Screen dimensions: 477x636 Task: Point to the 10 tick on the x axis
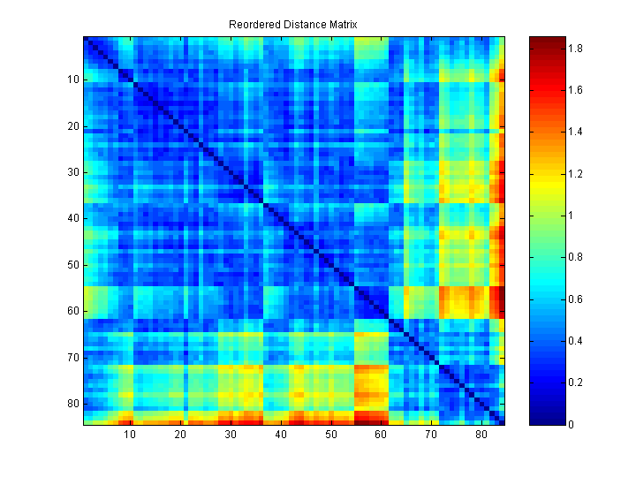tap(129, 435)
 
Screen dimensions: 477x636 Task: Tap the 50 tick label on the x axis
tap(331, 435)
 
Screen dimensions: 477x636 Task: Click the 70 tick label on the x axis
tap(432, 435)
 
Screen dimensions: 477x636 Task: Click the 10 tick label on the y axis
tap(72, 79)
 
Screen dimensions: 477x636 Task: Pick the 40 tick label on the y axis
tap(72, 218)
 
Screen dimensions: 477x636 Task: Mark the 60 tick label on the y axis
tap(72, 311)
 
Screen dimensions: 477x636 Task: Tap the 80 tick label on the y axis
tap(72, 404)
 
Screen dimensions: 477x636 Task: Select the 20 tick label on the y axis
tap(72, 126)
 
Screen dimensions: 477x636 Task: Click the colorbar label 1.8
tap(575, 49)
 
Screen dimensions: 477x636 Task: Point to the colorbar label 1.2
tap(575, 174)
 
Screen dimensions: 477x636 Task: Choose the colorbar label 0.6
tap(575, 299)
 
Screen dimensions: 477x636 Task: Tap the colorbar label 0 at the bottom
tap(571, 425)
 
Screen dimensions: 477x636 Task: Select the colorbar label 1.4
tap(575, 132)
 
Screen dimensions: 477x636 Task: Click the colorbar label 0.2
tap(575, 382)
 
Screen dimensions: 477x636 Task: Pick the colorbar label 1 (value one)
tap(571, 216)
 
